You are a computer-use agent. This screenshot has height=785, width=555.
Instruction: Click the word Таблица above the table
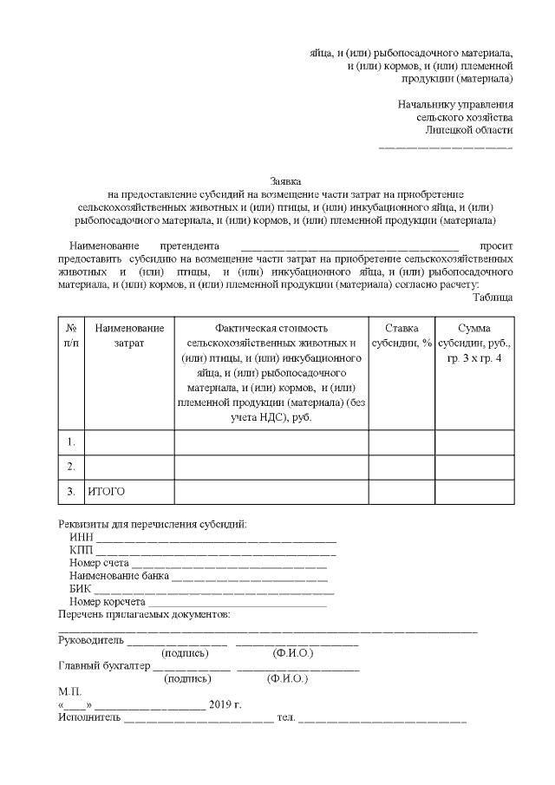pos(493,297)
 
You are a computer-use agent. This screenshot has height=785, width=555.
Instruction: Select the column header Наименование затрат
pos(129,335)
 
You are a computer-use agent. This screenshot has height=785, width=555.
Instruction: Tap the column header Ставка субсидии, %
pos(402,335)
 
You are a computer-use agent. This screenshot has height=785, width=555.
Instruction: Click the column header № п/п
pos(71,335)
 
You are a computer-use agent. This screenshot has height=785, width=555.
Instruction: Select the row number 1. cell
pos(71,442)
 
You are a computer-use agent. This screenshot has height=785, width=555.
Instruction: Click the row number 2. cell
pos(71,467)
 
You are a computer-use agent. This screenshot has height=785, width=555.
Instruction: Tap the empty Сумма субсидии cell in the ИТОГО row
pos(473,492)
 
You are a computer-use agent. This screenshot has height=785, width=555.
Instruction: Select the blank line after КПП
pos(217,552)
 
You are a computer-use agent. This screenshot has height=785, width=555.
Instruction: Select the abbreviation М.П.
pos(69,691)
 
